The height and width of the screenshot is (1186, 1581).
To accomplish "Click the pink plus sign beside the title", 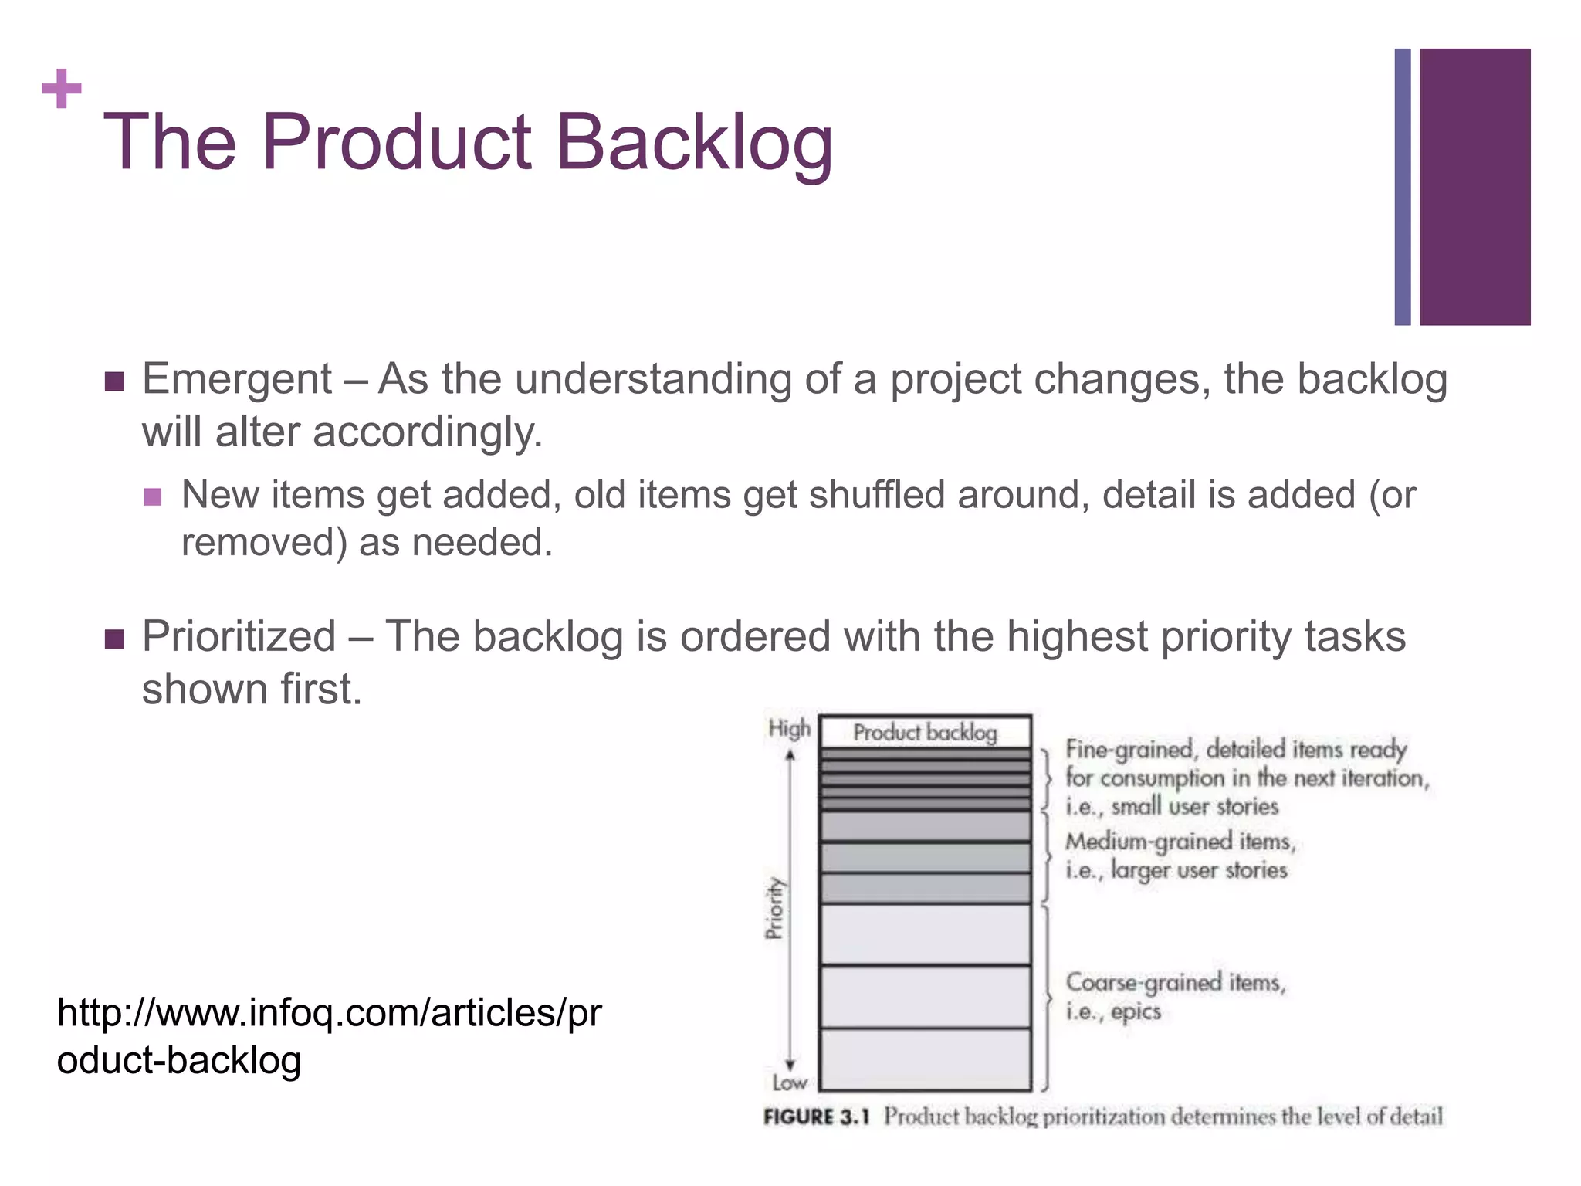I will [62, 89].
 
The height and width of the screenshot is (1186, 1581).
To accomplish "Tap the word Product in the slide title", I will [397, 143].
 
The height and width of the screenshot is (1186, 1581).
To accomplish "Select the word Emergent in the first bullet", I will [236, 380].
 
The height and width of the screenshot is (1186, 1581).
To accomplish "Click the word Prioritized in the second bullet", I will [239, 637].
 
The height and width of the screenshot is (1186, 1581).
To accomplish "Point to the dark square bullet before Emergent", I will [114, 381].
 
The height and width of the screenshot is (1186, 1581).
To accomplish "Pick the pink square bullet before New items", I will [153, 496].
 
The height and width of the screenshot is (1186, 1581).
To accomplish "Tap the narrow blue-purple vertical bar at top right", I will [1402, 187].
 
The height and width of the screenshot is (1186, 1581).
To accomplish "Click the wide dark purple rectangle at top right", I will [1474, 187].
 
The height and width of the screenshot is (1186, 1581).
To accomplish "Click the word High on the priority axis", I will [789, 728].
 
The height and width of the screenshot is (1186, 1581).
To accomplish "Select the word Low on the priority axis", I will [790, 1083].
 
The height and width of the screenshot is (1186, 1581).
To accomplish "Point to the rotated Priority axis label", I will [774, 908].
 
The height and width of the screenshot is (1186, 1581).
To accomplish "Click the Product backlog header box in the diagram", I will [925, 732].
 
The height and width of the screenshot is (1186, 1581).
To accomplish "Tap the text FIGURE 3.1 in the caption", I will [816, 1117].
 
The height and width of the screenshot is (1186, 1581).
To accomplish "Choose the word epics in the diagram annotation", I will [1136, 1011].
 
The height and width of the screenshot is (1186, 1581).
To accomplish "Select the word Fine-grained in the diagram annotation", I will [1129, 749].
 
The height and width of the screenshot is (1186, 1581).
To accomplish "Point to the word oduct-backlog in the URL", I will [179, 1060].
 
